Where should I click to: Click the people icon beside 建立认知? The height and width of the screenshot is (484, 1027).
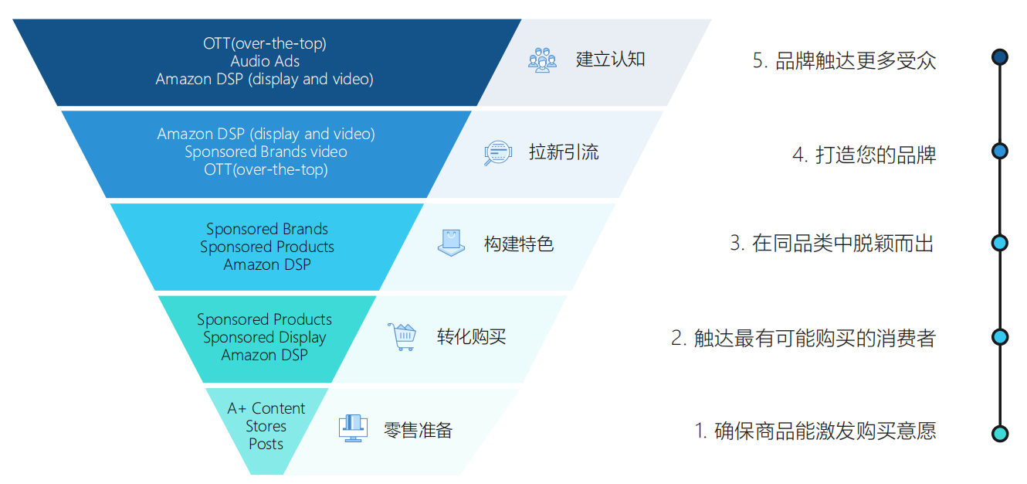(x=543, y=60)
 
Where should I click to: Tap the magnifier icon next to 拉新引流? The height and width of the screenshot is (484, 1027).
(x=497, y=152)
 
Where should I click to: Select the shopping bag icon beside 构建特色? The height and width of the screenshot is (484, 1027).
(x=451, y=243)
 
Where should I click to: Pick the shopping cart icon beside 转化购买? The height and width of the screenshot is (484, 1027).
(x=402, y=336)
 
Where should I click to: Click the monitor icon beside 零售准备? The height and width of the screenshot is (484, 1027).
(x=353, y=428)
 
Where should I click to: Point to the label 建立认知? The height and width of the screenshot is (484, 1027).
(x=610, y=60)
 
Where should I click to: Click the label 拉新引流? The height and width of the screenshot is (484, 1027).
(x=564, y=152)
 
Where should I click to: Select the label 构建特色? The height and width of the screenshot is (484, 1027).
(x=519, y=244)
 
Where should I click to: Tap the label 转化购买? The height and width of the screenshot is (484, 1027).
(x=471, y=337)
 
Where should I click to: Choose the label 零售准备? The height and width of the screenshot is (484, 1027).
(x=418, y=430)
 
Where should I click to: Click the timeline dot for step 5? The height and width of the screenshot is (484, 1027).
(x=999, y=57)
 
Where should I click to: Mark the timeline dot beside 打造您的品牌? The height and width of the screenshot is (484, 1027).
(x=999, y=151)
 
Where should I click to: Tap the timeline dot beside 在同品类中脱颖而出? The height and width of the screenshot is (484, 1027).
(x=999, y=243)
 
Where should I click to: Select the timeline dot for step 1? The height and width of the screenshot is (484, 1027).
(x=999, y=434)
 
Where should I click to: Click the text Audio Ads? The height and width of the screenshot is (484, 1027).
(x=265, y=61)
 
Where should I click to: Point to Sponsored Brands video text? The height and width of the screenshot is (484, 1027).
(x=266, y=152)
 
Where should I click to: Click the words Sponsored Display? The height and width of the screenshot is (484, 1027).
(x=265, y=337)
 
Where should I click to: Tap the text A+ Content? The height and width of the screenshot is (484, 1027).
(x=266, y=408)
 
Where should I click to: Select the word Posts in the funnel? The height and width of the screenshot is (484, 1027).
(x=266, y=444)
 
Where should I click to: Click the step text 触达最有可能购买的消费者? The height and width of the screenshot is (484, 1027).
(x=803, y=338)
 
